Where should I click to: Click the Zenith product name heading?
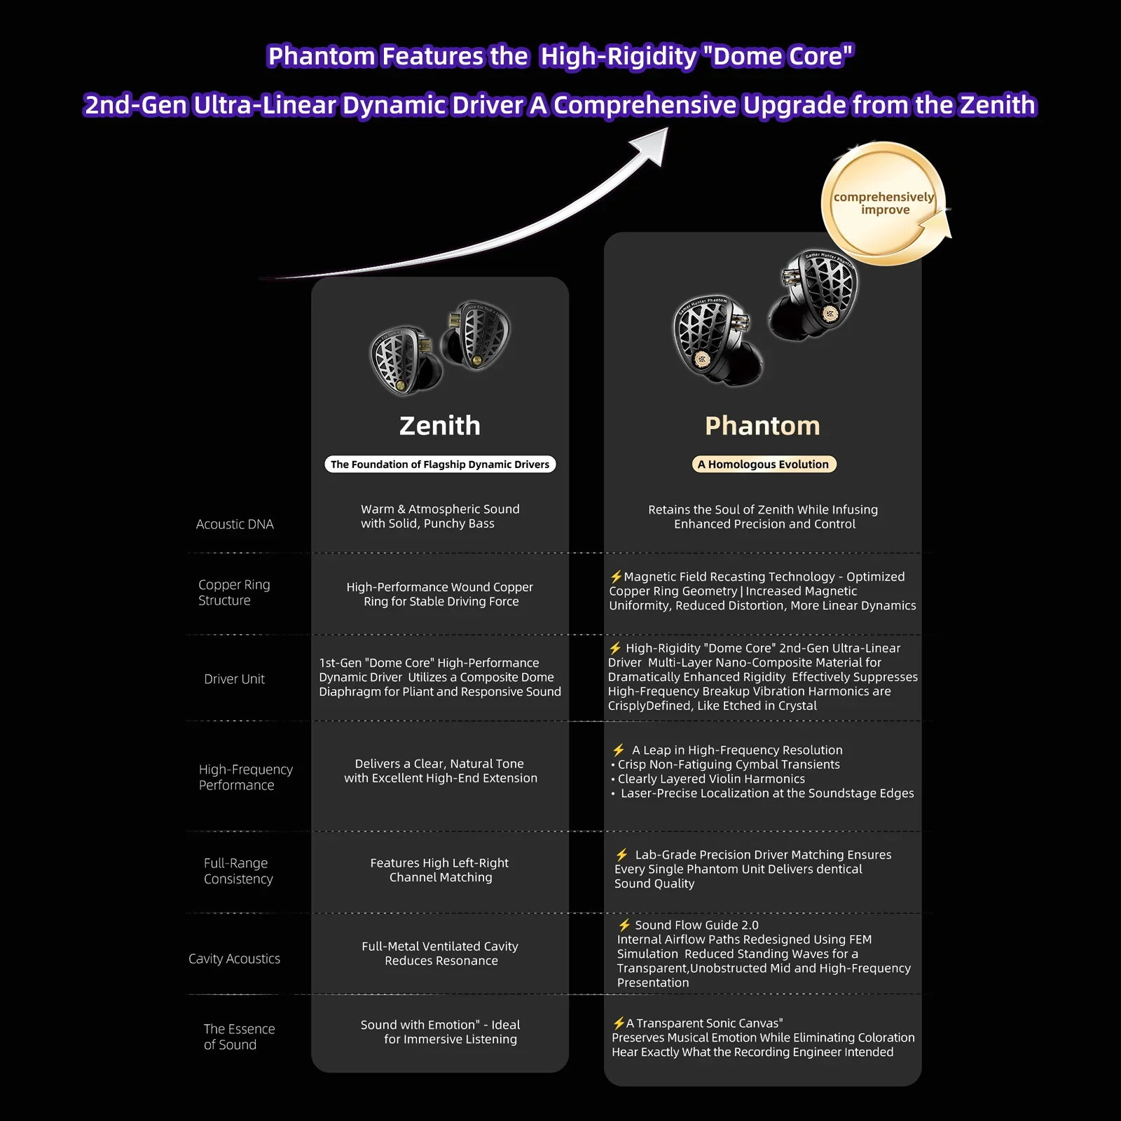440,426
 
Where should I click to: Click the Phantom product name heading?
762,426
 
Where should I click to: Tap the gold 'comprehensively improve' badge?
885,204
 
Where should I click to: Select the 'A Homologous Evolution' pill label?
764,464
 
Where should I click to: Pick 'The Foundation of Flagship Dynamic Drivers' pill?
440,464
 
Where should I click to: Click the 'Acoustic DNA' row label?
235,524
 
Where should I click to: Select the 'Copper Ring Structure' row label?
234,592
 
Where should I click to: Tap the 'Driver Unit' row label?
234,679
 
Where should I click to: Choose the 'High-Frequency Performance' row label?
246,777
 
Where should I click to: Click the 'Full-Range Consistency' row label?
238,871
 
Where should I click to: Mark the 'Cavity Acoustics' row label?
234,958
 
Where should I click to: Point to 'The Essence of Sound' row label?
239,1036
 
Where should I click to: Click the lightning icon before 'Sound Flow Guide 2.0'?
624,925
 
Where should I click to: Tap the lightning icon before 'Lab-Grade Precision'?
621,855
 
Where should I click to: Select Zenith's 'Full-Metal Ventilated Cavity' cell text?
440,954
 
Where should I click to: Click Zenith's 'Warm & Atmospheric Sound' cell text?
440,516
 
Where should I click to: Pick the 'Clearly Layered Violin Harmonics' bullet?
708,779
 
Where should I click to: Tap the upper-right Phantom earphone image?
813,293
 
